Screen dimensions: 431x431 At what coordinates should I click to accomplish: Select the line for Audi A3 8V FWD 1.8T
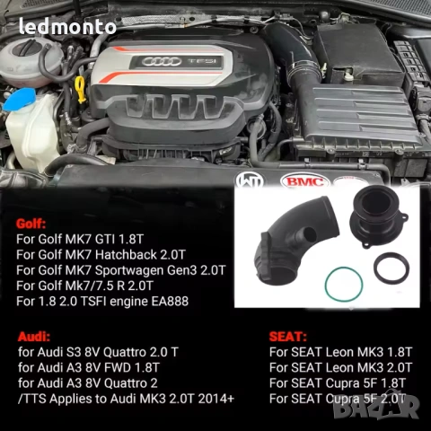(x=90, y=365)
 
